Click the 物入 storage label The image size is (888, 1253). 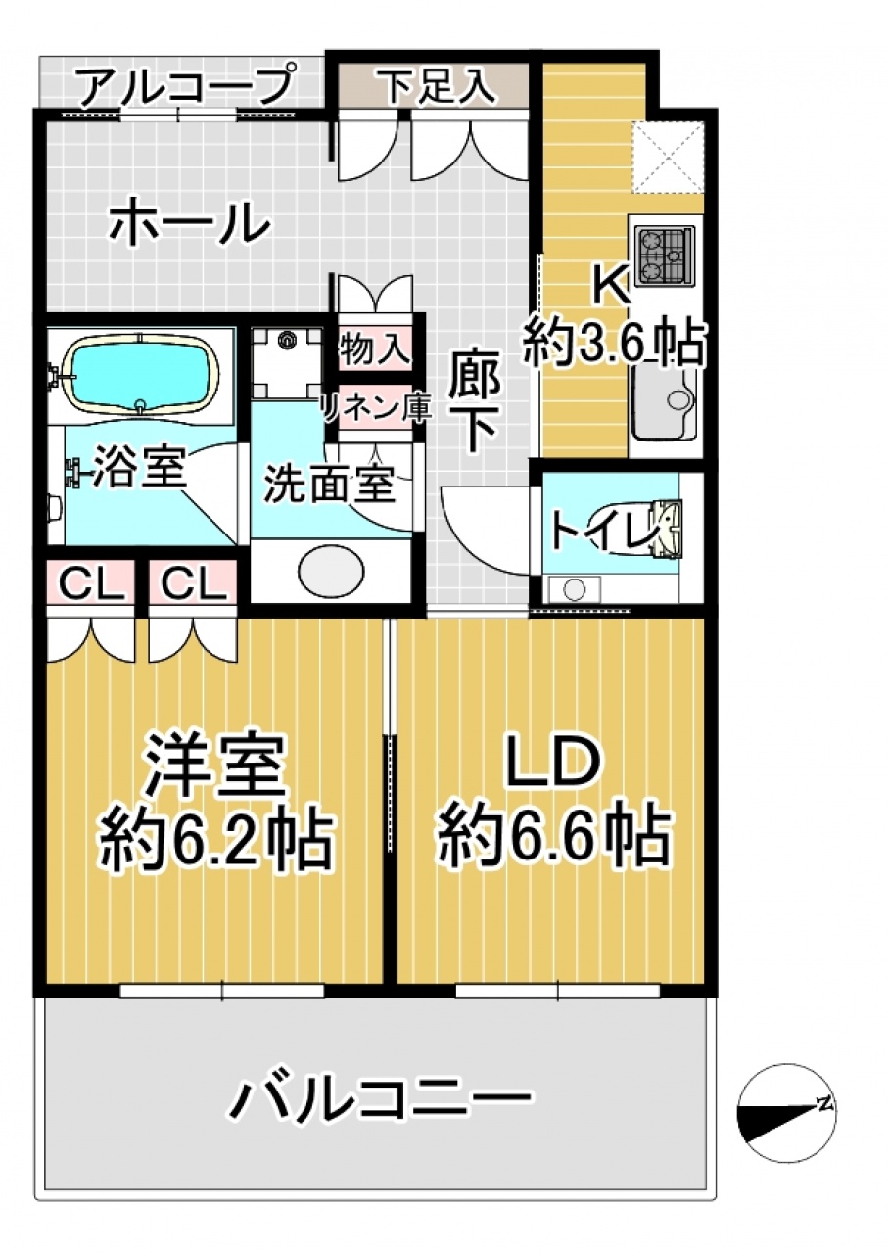point(371,347)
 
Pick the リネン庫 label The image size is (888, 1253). point(375,408)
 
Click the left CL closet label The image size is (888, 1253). point(91,583)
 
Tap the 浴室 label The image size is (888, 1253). point(139,468)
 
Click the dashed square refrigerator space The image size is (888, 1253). point(668,158)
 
